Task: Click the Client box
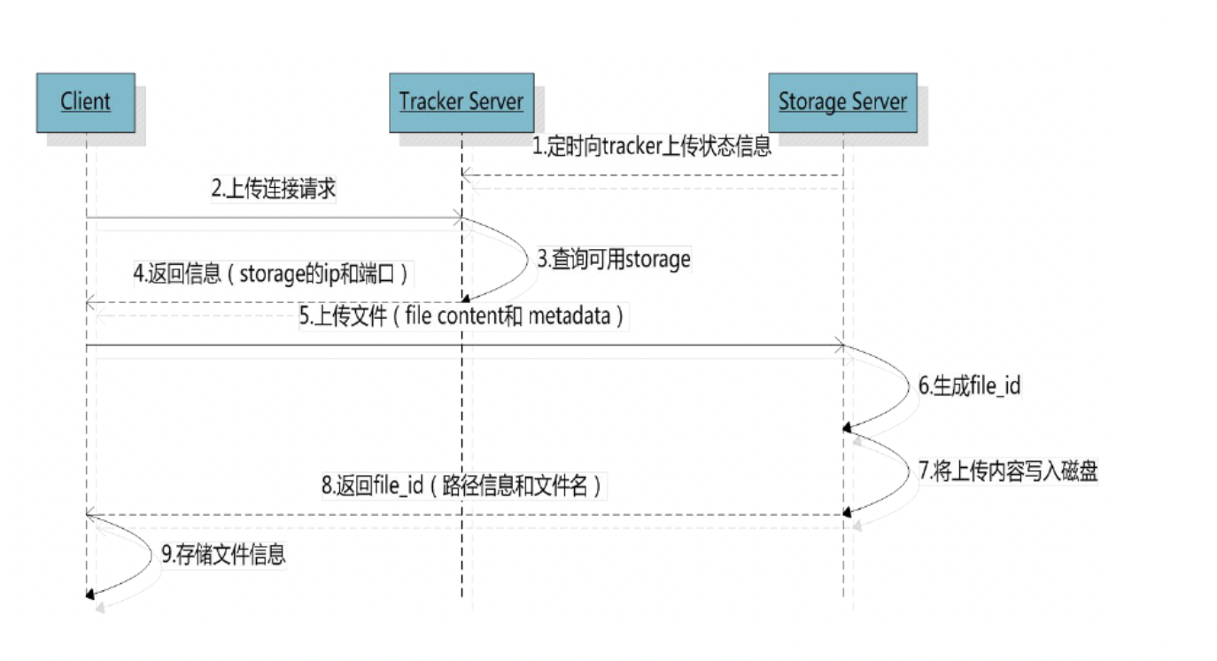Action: point(85,102)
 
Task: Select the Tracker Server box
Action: point(461,102)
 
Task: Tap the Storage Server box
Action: point(842,102)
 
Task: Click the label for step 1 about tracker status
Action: point(651,146)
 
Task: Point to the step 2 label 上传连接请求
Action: point(274,189)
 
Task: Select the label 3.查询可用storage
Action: point(614,260)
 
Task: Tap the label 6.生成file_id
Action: point(969,386)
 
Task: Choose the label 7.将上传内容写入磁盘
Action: point(1008,470)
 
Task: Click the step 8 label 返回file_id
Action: point(461,486)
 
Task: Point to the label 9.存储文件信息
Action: point(223,556)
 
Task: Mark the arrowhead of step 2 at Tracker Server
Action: point(457,217)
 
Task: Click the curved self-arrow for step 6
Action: point(903,390)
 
